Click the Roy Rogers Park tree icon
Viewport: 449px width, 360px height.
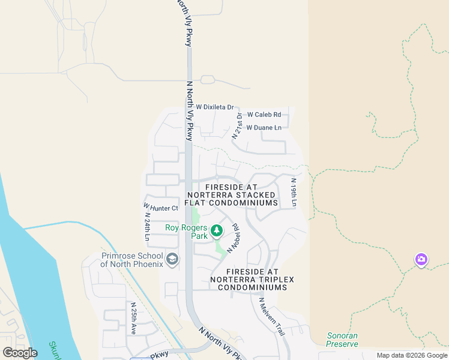click(216, 230)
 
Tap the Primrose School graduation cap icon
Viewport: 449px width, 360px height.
click(172, 259)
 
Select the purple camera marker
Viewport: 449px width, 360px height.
click(421, 259)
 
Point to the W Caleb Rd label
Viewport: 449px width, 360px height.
click(264, 114)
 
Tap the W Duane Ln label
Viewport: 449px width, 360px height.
click(264, 128)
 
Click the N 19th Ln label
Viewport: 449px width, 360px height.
click(294, 193)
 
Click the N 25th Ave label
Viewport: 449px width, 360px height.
click(133, 317)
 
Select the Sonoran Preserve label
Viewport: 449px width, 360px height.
click(342, 340)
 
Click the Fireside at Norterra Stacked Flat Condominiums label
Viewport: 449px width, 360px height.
click(232, 195)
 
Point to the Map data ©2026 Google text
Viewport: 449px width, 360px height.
click(411, 355)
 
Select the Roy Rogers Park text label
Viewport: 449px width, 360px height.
click(187, 232)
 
